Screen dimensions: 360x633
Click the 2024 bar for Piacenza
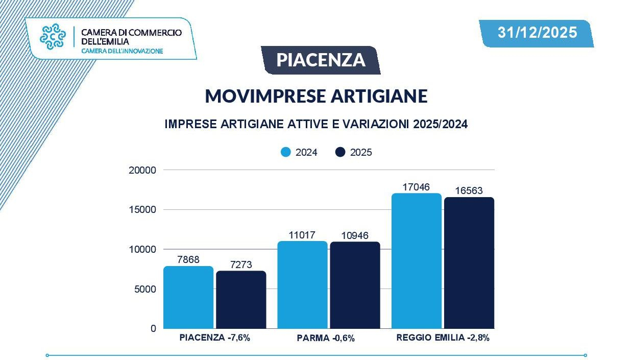[188, 297]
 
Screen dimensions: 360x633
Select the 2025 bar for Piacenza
[241, 300]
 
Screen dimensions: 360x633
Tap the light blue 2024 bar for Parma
[302, 285]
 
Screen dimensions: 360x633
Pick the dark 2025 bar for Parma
[355, 285]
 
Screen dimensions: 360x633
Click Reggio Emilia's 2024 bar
[416, 261]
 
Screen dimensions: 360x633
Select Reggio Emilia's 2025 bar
[469, 263]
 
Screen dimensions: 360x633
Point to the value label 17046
[416, 187]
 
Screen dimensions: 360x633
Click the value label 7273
[241, 265]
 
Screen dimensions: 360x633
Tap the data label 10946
[355, 235]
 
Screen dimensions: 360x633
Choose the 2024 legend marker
[286, 152]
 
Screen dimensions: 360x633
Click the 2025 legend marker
[340, 152]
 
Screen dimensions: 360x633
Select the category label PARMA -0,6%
[325, 338]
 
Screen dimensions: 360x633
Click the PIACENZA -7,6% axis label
[214, 338]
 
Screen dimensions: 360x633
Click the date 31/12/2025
[537, 33]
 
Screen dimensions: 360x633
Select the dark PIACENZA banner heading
[321, 60]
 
